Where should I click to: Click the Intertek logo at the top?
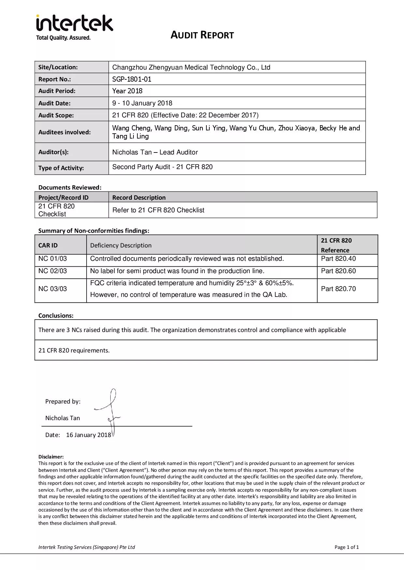pos(74,27)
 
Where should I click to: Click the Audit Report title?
pos(202,35)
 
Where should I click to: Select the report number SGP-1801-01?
pos(132,79)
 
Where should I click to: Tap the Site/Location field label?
pos(58,67)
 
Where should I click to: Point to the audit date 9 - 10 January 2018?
pos(142,103)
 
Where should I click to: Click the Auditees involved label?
pos(64,132)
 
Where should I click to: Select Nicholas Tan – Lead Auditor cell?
pos(155,152)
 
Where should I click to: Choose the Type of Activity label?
pos(61,168)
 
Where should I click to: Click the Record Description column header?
pos(139,197)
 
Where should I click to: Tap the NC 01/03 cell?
pos(52,258)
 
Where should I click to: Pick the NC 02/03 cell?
pos(52,271)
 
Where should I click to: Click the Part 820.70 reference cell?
pos(338,289)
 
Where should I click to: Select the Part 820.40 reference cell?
pos(338,258)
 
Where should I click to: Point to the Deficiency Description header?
pos(121,245)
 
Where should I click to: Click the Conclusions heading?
pos(56,315)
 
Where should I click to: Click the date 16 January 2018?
pos(89,435)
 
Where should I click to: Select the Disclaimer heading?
pos(51,457)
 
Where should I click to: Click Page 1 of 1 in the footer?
pos(346,547)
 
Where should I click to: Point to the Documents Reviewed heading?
pos(70,187)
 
